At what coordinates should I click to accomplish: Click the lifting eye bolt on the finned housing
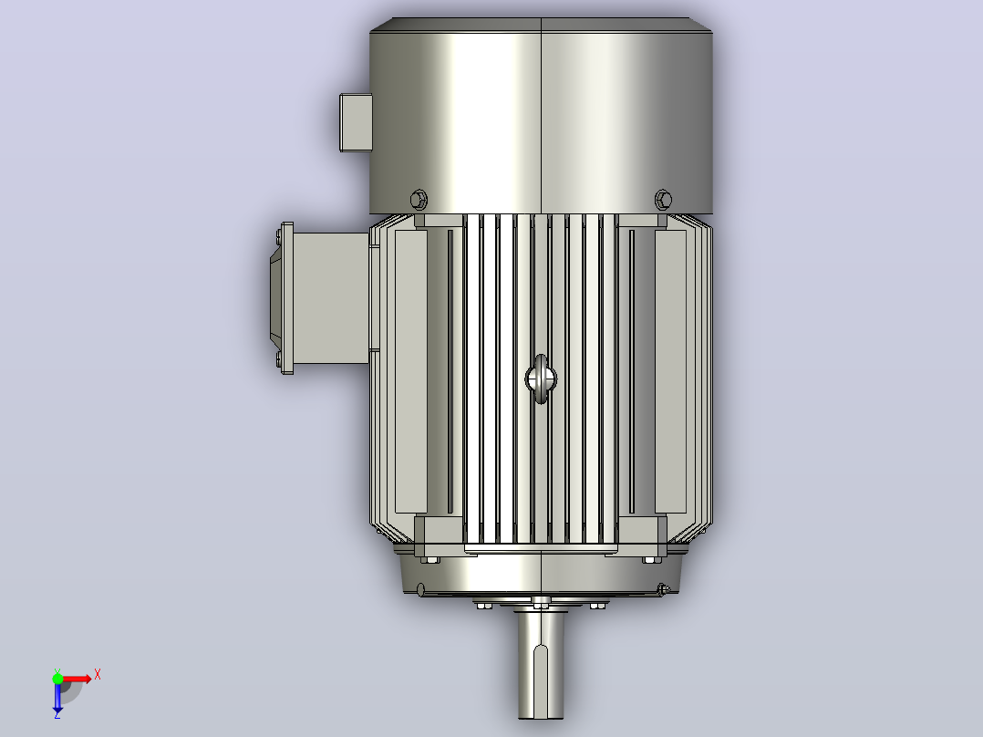(x=541, y=379)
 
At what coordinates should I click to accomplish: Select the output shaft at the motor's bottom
(x=541, y=665)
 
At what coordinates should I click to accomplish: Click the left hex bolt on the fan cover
(x=419, y=200)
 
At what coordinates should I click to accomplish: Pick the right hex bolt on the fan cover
(x=663, y=200)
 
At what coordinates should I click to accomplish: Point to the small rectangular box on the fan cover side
(x=356, y=122)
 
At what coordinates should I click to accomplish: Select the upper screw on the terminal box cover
(x=278, y=235)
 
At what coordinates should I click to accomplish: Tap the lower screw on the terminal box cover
(x=278, y=359)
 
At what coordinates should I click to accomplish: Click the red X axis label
(x=98, y=675)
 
